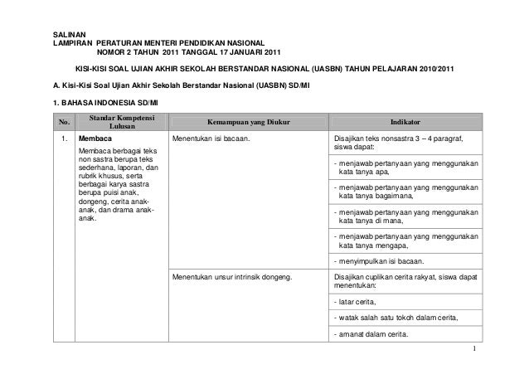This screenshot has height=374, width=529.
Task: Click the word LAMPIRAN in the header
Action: point(71,41)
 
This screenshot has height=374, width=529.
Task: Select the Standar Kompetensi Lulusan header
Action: point(114,121)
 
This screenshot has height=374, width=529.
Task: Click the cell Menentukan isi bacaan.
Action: point(211,139)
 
